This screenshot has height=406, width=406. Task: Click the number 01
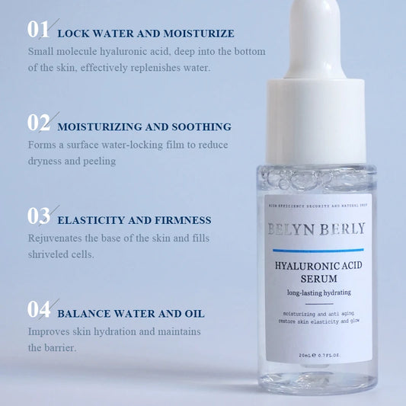click(x=38, y=30)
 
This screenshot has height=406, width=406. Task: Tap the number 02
click(x=38, y=123)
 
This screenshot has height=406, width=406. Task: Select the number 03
click(x=38, y=216)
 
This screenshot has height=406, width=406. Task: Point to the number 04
click(x=38, y=309)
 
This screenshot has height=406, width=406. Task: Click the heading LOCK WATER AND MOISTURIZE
click(x=145, y=34)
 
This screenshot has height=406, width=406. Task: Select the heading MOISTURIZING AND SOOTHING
click(x=144, y=126)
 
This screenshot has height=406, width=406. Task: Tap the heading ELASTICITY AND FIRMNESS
click(x=134, y=220)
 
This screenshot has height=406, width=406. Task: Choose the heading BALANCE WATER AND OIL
click(x=130, y=313)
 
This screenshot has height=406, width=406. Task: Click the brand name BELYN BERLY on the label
click(x=316, y=229)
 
